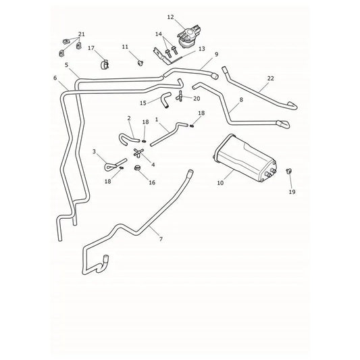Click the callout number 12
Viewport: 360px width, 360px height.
171,17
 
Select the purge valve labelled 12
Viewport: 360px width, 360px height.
189,36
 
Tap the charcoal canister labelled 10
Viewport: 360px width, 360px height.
245,158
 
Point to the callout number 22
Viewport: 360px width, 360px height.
271,78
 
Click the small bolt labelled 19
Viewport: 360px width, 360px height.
289,171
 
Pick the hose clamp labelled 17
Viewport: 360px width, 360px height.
105,64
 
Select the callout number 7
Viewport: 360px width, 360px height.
161,239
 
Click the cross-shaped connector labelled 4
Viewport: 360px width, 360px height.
138,153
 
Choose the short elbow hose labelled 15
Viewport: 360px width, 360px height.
165,99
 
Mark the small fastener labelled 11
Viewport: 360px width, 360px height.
140,62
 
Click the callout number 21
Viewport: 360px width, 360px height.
82,34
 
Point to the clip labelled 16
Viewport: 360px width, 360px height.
137,168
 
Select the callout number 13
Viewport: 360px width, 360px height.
201,49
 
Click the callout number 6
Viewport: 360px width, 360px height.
55,78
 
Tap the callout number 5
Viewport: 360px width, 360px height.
67,65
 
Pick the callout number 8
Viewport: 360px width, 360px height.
241,100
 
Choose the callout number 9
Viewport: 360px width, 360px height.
216,55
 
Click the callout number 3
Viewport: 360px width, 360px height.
94,152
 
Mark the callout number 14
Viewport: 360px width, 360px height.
159,34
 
